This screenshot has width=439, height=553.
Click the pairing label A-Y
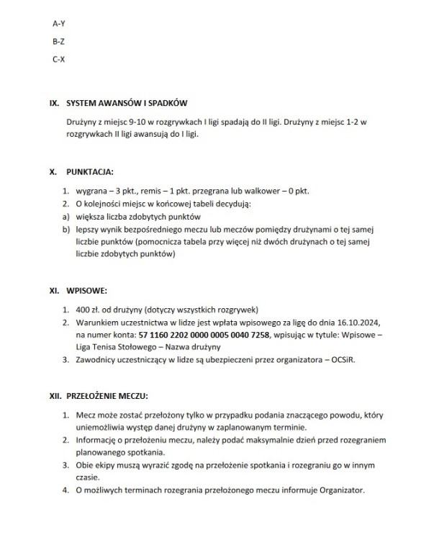tap(59, 24)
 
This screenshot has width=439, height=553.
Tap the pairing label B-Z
tap(59, 41)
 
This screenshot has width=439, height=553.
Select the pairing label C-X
tap(59, 58)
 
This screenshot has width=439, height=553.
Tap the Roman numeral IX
tap(53, 104)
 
